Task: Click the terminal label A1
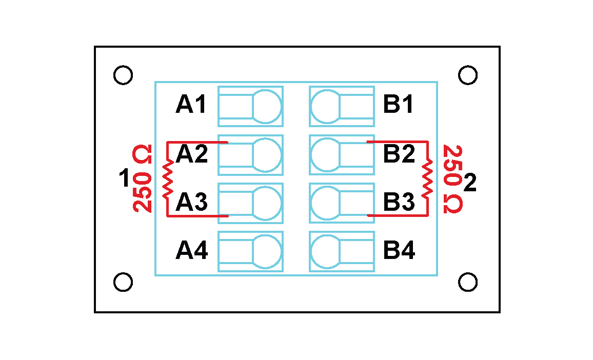[x=191, y=105]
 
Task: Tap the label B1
[x=399, y=105]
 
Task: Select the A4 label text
[x=191, y=251]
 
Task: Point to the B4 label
[x=399, y=251]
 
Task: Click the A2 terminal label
[x=192, y=154]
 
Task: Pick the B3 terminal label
[x=399, y=203]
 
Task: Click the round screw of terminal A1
[x=267, y=106]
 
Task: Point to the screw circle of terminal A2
[x=267, y=155]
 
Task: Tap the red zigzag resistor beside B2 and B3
[x=427, y=179]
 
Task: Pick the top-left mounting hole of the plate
[x=123, y=75]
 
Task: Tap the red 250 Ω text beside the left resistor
[x=142, y=179]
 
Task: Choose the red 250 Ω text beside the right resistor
[x=452, y=179]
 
